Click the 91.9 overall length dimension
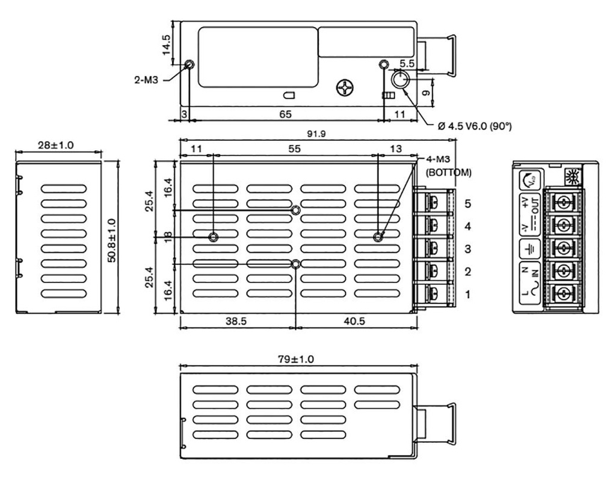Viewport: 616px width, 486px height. pyautogui.click(x=316, y=134)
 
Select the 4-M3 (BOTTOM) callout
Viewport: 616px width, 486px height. pyautogui.click(x=448, y=166)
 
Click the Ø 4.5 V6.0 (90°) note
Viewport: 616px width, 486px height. pyautogui.click(x=475, y=126)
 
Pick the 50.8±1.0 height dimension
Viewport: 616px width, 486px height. pyautogui.click(x=111, y=235)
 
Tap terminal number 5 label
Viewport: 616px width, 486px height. pyautogui.click(x=467, y=204)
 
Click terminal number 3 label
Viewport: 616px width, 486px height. pyautogui.click(x=467, y=249)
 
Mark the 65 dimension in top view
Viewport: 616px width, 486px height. pyautogui.click(x=286, y=113)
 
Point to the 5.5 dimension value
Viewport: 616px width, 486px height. pyautogui.click(x=407, y=63)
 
